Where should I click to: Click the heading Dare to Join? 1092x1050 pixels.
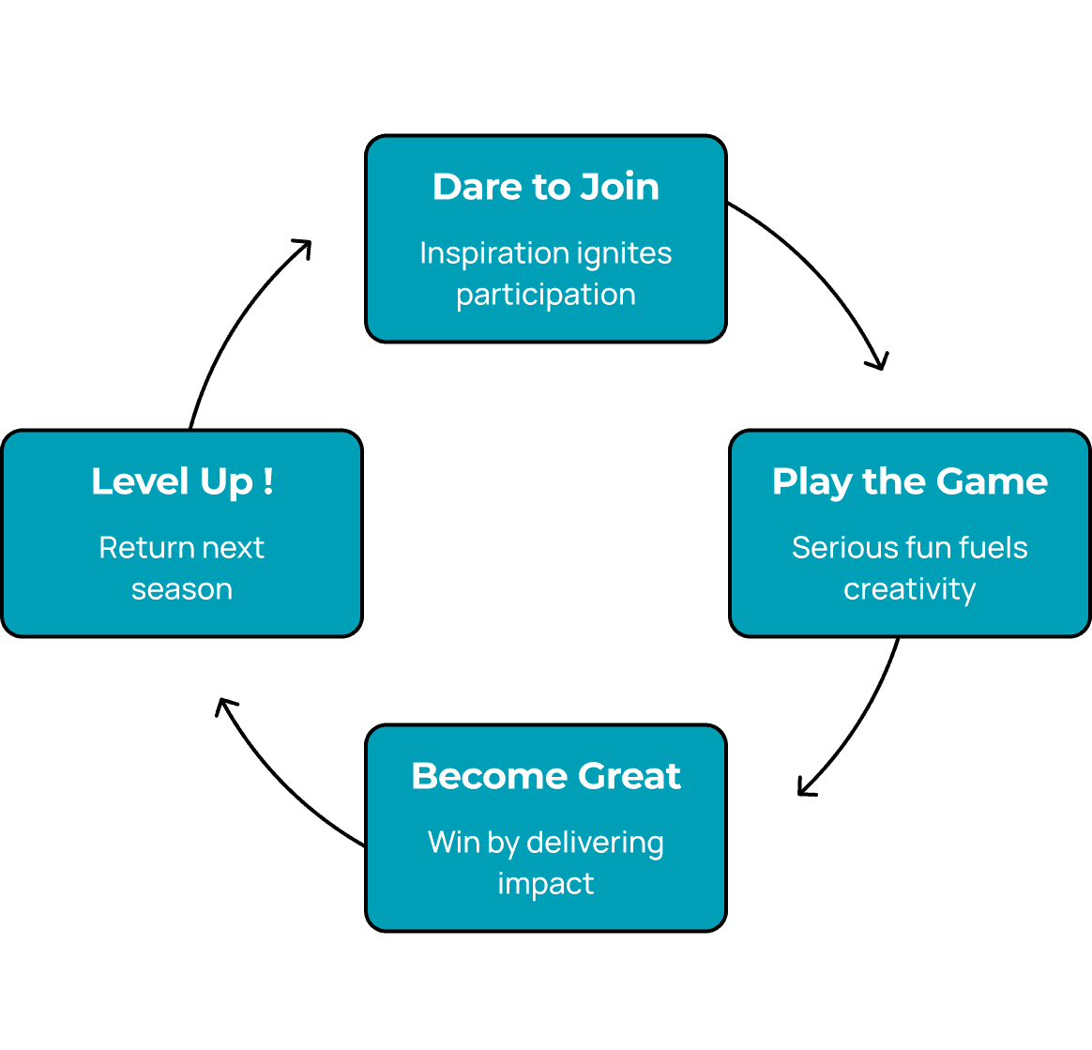(x=545, y=187)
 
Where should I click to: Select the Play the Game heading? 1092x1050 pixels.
(x=909, y=481)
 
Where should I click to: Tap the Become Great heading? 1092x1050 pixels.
(x=545, y=776)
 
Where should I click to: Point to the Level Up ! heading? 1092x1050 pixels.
(x=182, y=481)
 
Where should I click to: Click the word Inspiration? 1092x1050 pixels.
(x=493, y=253)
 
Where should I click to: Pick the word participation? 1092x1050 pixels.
(x=545, y=295)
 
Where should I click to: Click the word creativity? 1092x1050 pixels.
(x=909, y=589)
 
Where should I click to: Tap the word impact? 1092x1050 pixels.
(x=545, y=884)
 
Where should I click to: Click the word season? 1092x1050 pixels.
(x=182, y=589)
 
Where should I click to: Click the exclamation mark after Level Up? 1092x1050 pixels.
(x=268, y=481)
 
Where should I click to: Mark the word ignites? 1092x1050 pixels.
(x=623, y=253)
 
